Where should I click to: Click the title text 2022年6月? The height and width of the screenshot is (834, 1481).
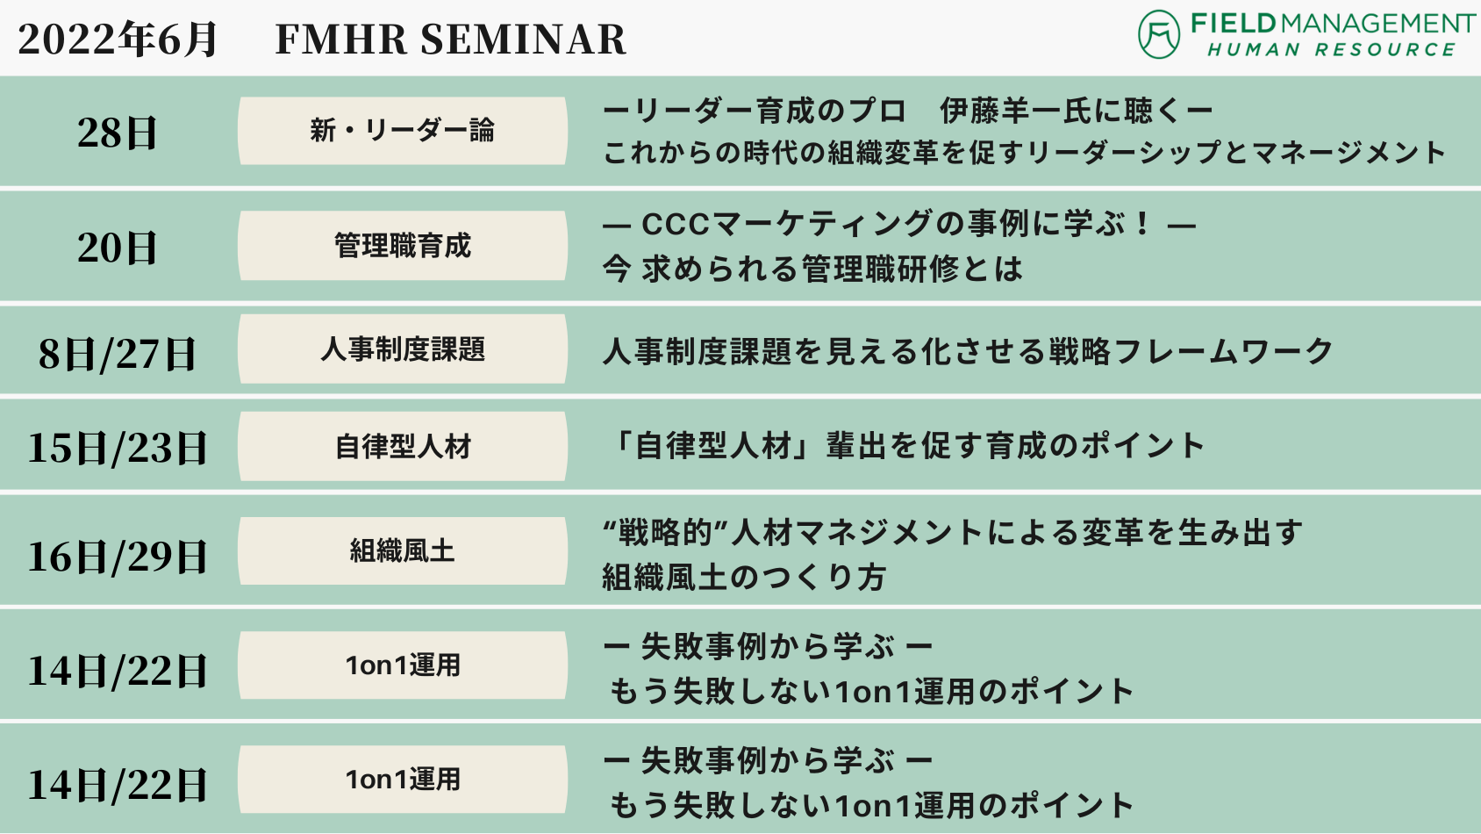pyautogui.click(x=117, y=39)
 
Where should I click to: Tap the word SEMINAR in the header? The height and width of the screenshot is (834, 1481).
pyautogui.click(x=523, y=39)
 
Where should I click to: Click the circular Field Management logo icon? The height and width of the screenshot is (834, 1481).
pyautogui.click(x=1158, y=34)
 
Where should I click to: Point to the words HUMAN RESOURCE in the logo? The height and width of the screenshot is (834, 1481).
pyautogui.click(x=1331, y=50)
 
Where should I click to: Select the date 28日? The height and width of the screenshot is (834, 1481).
pyautogui.click(x=117, y=133)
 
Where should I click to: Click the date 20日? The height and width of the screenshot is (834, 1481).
pyautogui.click(x=117, y=248)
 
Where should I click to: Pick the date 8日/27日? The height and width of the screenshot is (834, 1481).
pyautogui.click(x=117, y=354)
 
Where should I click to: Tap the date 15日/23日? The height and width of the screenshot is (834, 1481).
pyautogui.click(x=117, y=448)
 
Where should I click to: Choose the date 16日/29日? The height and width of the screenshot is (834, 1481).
pyautogui.click(x=117, y=557)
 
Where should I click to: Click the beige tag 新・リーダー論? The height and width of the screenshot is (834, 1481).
pyautogui.click(x=403, y=131)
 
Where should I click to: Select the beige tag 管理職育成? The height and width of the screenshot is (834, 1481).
pyautogui.click(x=403, y=246)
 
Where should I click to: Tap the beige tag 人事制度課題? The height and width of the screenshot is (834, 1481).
pyautogui.click(x=403, y=349)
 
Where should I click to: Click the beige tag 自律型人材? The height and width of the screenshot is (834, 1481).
pyautogui.click(x=403, y=447)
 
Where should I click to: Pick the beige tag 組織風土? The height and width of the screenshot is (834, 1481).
pyautogui.click(x=403, y=551)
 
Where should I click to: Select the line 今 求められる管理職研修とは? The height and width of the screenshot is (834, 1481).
pyautogui.click(x=812, y=270)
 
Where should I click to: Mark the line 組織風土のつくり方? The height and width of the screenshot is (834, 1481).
pyautogui.click(x=744, y=577)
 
